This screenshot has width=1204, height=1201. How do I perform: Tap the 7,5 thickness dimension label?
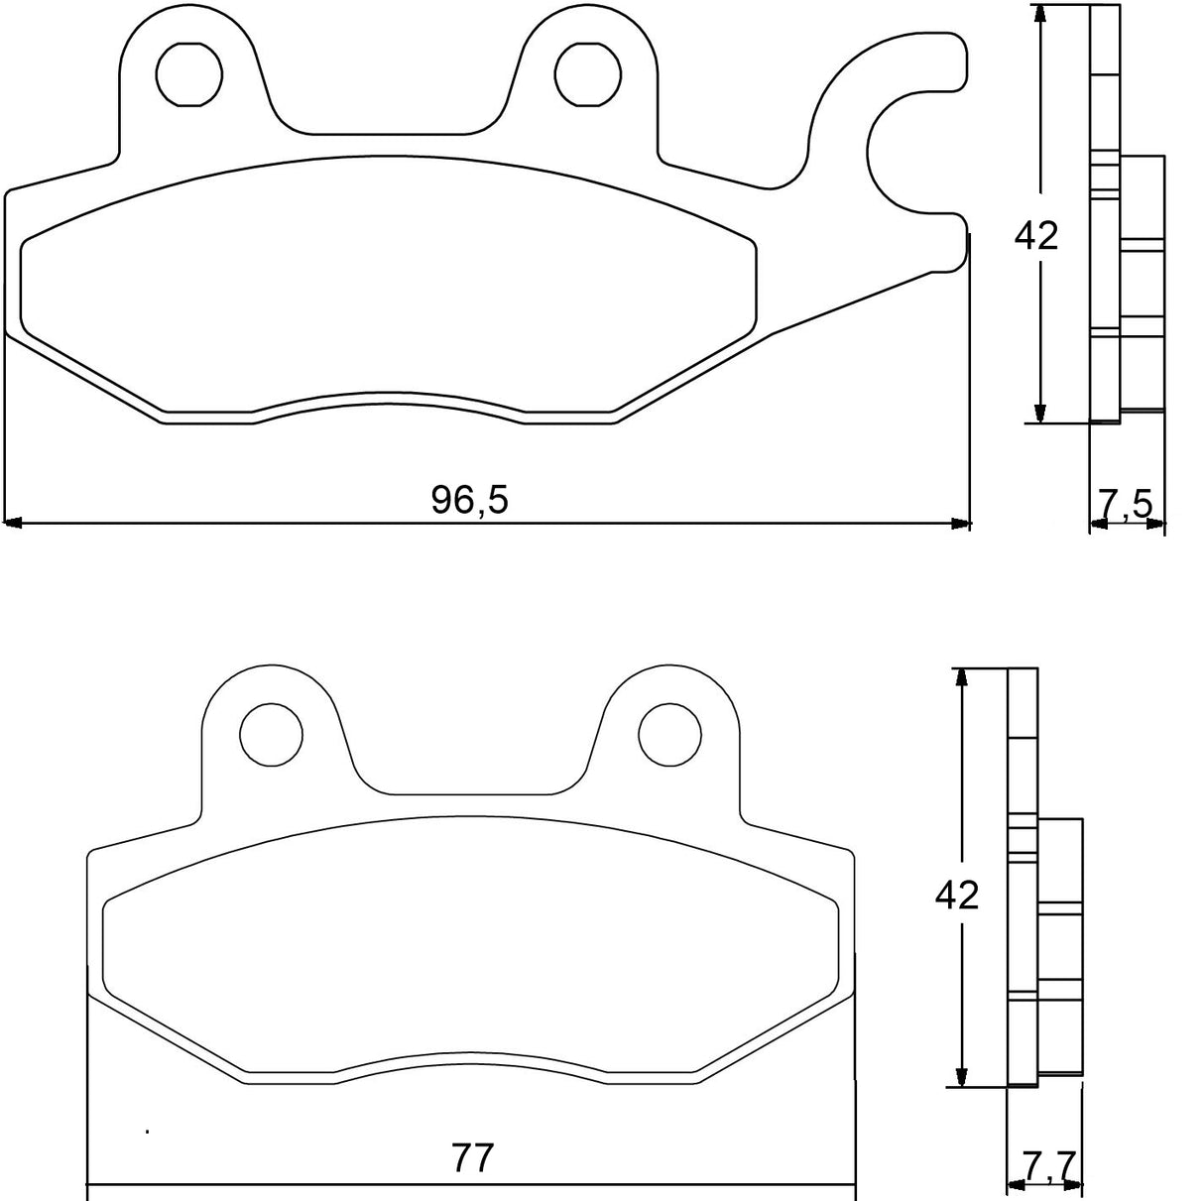[1126, 505]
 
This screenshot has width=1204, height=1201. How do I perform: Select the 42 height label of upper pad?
[1036, 235]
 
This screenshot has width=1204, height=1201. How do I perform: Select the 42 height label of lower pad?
[957, 896]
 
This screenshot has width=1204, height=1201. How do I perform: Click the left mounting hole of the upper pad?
[189, 73]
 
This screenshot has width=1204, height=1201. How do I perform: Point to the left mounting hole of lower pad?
[272, 734]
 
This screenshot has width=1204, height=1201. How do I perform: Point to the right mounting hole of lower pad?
[669, 734]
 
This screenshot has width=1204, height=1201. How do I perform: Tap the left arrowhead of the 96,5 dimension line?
[13, 522]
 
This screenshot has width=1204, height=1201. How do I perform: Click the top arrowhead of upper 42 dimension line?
[1039, 14]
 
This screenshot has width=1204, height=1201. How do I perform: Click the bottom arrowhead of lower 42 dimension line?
[960, 1077]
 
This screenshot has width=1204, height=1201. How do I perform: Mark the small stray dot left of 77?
[147, 1131]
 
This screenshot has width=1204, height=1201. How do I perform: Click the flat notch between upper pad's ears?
[389, 133]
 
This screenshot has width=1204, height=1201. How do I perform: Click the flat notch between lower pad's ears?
[471, 793]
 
